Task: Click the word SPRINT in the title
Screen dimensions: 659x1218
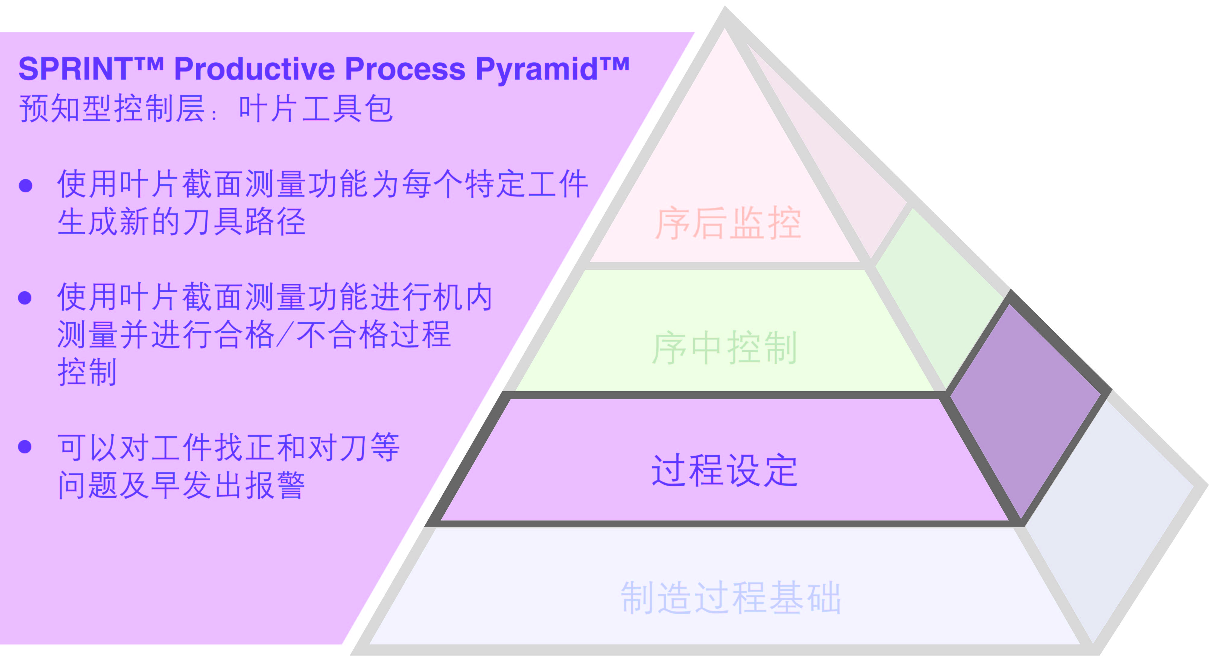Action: coord(76,69)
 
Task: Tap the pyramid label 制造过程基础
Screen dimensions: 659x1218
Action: coord(731,598)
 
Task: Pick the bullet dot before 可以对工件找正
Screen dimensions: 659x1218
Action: coord(25,446)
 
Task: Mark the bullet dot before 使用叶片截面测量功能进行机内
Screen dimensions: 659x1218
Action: coord(25,298)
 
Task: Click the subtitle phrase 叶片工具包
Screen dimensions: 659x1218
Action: coord(316,109)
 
